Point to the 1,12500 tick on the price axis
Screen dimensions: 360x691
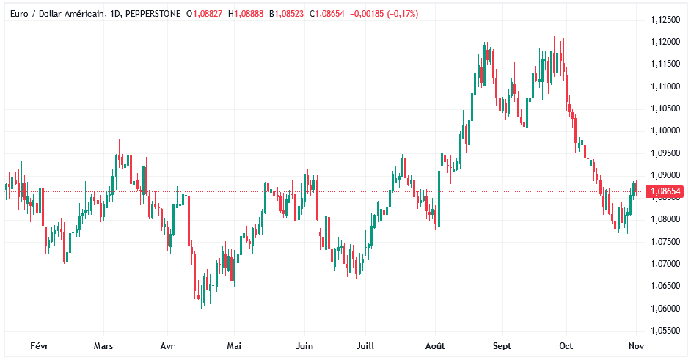665,20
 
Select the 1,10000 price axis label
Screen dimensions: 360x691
665,131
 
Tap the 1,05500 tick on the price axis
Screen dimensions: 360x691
665,331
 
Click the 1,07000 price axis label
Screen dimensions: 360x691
665,264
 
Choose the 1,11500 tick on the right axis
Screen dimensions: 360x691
665,65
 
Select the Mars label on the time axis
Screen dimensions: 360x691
103,346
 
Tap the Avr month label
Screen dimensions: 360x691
167,346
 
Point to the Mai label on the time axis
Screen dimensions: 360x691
234,346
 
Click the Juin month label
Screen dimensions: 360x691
304,346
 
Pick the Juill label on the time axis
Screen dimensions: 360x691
366,346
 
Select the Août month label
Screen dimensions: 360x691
435,346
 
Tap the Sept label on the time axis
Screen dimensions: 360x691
502,346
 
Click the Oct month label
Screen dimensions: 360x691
566,346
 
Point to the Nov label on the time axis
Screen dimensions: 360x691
636,346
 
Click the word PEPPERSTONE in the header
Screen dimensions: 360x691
148,14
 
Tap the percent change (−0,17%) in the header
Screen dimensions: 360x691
397,14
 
